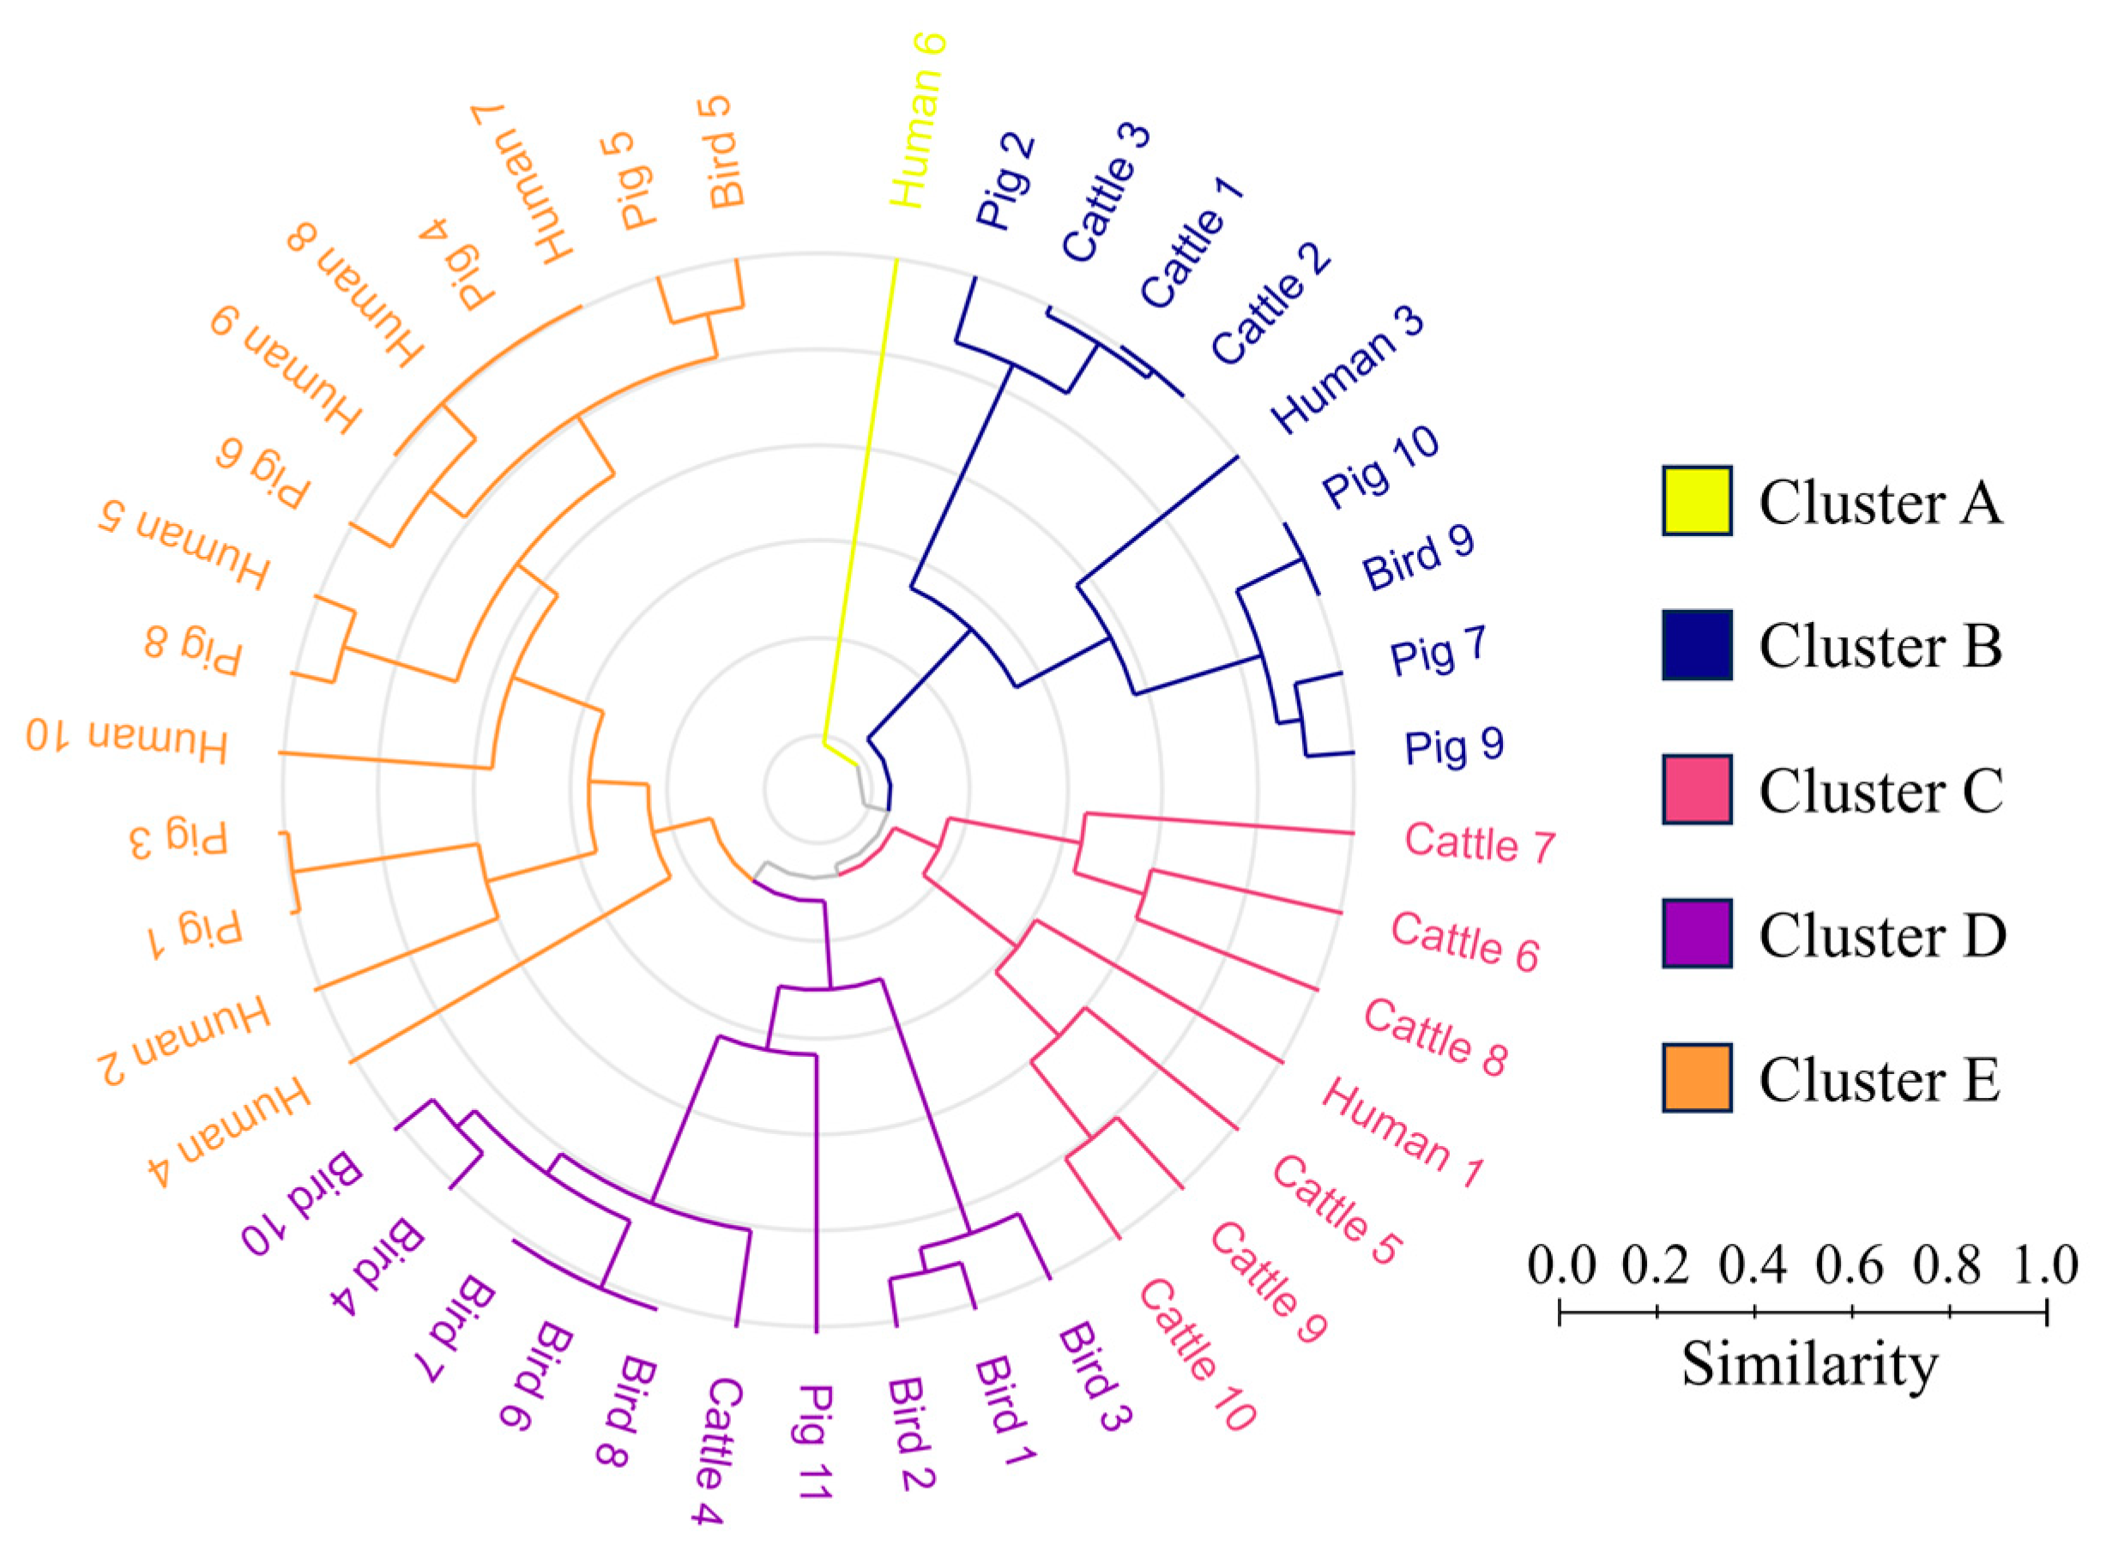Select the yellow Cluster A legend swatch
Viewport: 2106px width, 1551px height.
(1696, 500)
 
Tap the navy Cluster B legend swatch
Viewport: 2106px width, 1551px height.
(1696, 645)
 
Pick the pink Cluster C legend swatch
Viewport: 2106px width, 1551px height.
(1696, 789)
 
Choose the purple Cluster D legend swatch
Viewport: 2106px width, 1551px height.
(1696, 933)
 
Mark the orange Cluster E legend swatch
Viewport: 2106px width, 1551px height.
(1696, 1077)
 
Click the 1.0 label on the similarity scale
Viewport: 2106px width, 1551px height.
(2045, 1265)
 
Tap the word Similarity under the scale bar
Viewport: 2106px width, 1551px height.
(1809, 1363)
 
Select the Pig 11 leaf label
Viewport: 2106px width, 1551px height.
(815, 1441)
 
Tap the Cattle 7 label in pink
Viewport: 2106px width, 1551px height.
(1480, 842)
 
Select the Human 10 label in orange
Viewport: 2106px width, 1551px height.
(127, 739)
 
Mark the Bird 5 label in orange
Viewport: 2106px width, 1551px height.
(725, 152)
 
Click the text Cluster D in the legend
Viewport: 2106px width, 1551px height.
(1881, 935)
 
